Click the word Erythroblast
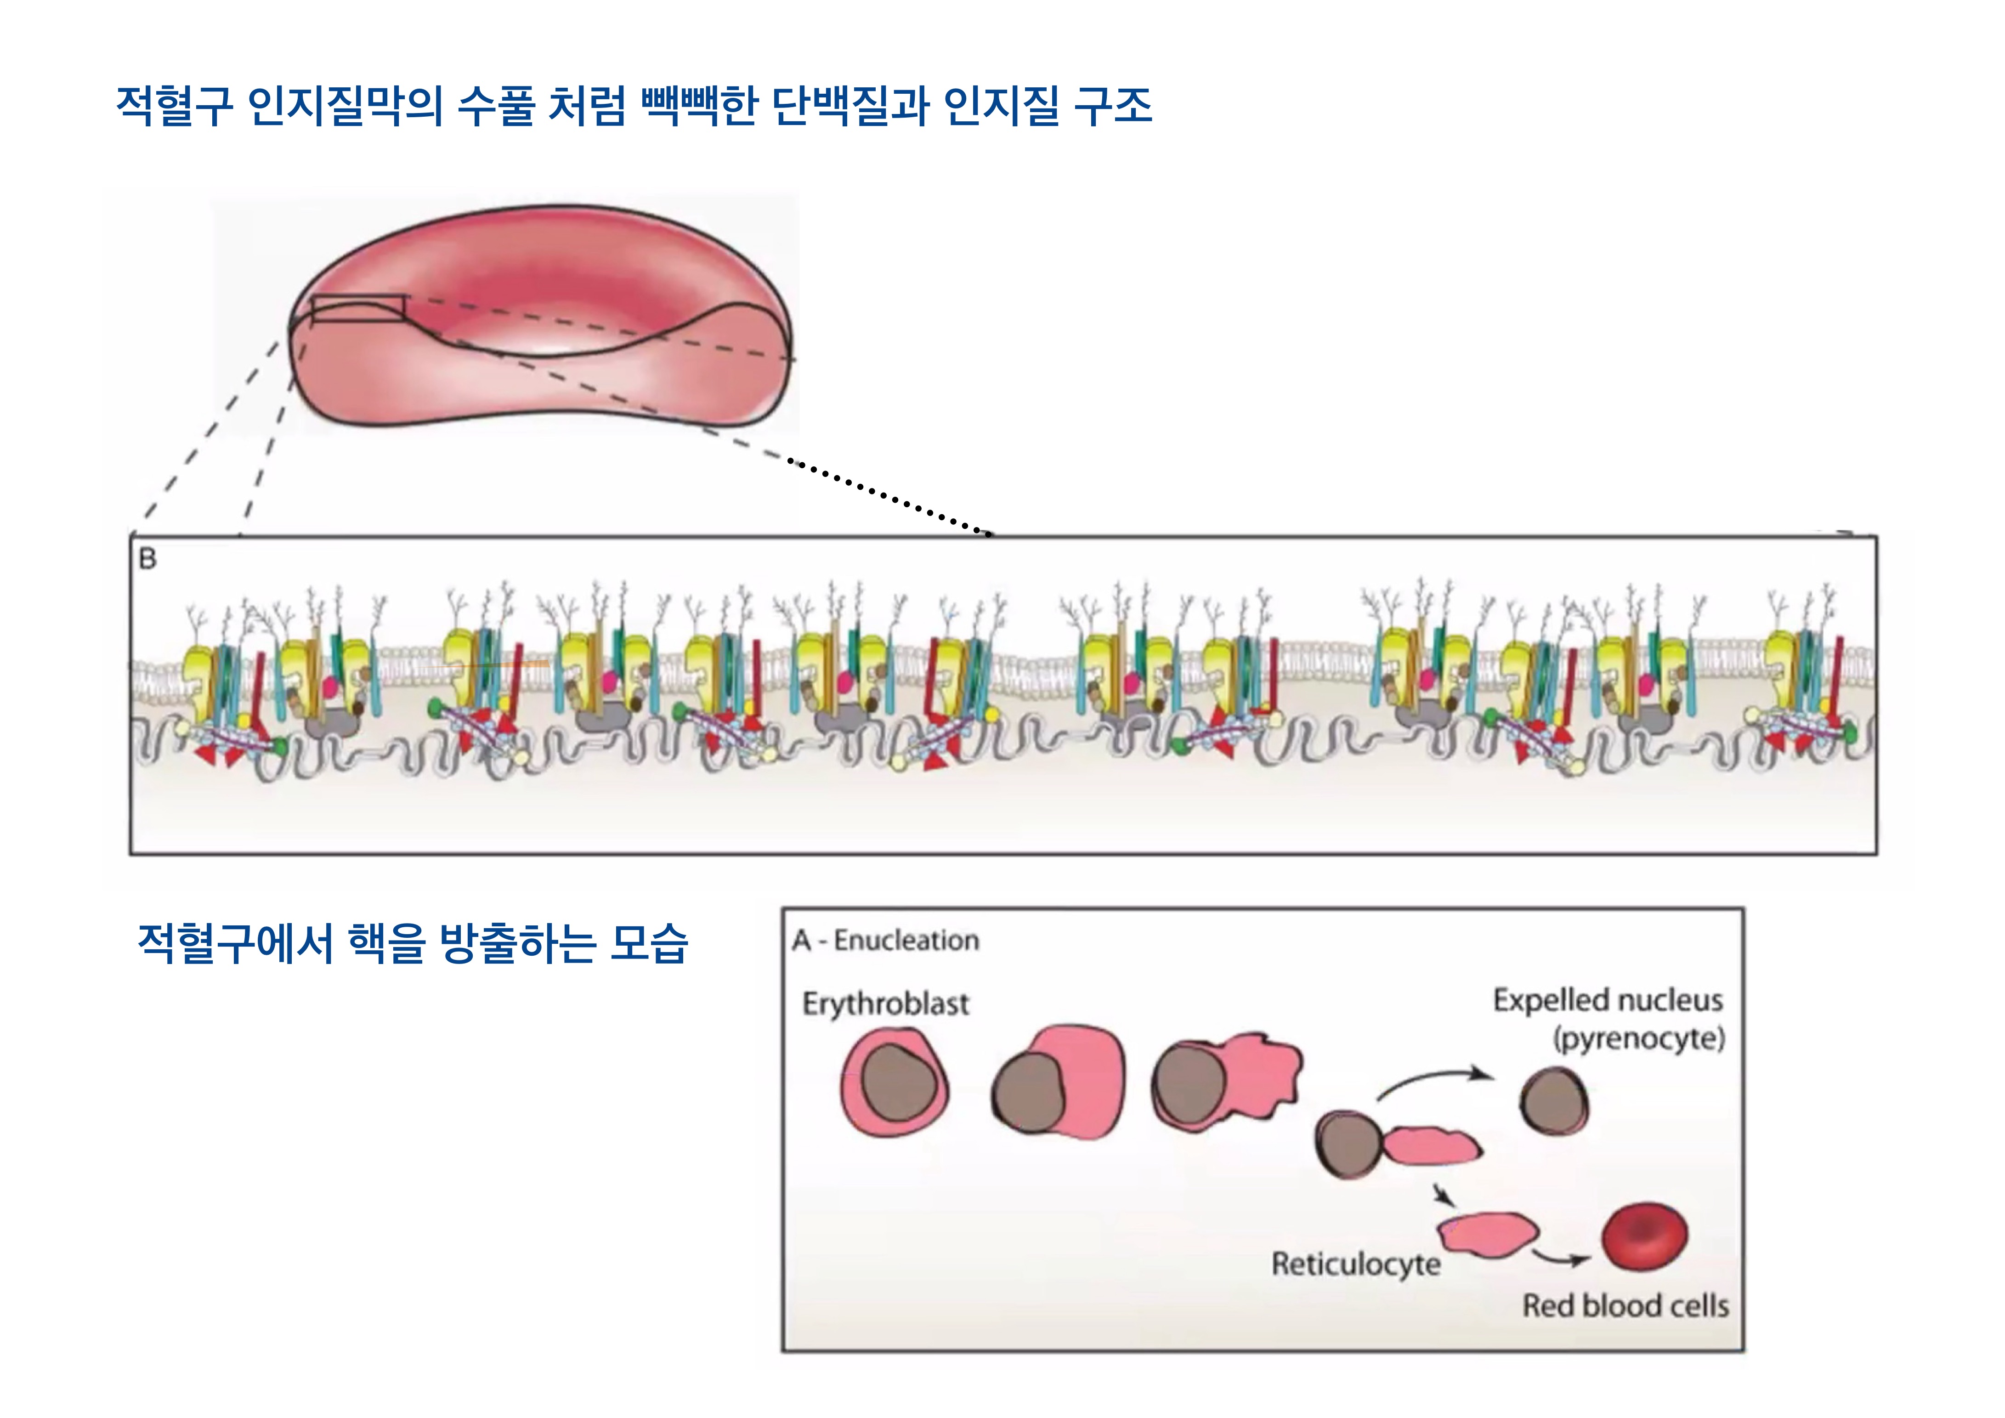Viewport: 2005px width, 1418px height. (x=885, y=1004)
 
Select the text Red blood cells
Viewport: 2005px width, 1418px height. (x=1625, y=1306)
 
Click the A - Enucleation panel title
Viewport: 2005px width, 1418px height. (x=885, y=941)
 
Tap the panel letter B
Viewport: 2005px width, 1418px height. (x=147, y=559)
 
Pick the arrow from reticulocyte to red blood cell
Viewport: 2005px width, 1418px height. (x=1561, y=1257)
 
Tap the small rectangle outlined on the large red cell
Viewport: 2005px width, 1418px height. (x=358, y=308)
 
